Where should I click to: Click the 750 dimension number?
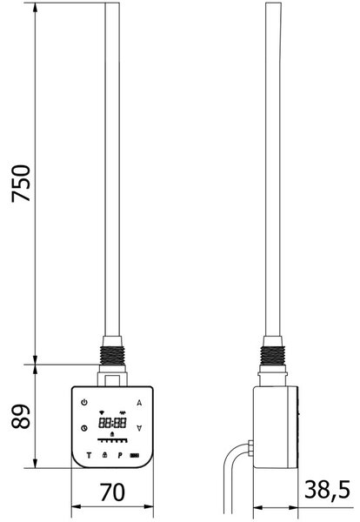click(x=21, y=183)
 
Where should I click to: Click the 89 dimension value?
click(x=21, y=416)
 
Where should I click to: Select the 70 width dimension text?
click(x=112, y=492)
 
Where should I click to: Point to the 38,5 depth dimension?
click(x=328, y=490)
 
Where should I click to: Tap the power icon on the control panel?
click(x=84, y=403)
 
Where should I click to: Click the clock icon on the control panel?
click(x=84, y=428)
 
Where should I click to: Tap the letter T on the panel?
click(x=89, y=455)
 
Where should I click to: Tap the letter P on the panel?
click(x=120, y=455)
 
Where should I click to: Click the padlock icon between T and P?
click(x=105, y=455)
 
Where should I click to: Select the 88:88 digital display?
click(x=112, y=423)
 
